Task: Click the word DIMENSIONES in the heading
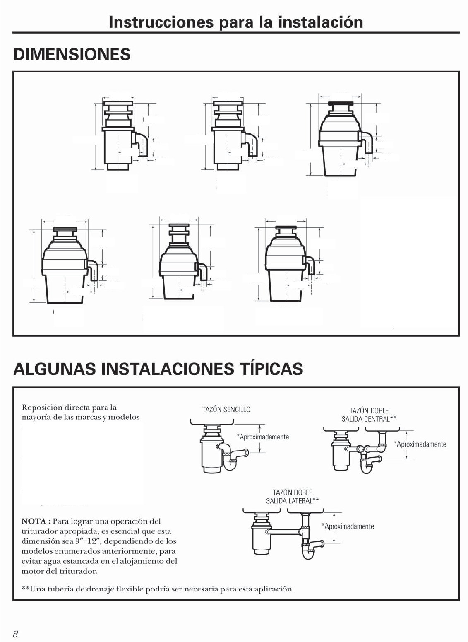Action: click(x=72, y=54)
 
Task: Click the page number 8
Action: click(x=15, y=634)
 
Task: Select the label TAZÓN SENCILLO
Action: click(x=226, y=409)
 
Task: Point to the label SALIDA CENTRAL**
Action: click(x=369, y=419)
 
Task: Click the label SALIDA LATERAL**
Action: click(x=293, y=501)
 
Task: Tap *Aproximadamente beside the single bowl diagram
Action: click(x=263, y=437)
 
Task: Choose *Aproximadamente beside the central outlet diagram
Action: click(x=420, y=444)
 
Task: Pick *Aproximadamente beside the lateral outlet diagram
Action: click(x=348, y=526)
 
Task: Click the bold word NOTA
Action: click(x=34, y=521)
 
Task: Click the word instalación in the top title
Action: click(x=321, y=22)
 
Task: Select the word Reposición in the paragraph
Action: click(x=42, y=408)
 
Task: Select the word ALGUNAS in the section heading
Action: click(x=55, y=369)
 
